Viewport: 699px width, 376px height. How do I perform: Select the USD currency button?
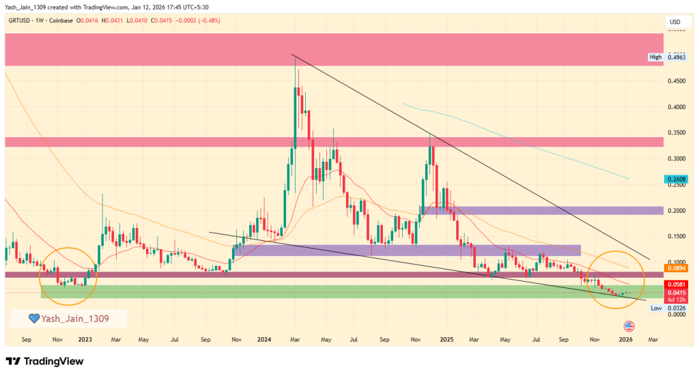coord(675,22)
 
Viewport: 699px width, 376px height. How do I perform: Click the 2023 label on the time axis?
coord(85,338)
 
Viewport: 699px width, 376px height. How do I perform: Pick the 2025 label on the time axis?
coord(446,338)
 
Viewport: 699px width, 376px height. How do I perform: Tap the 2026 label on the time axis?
coord(625,338)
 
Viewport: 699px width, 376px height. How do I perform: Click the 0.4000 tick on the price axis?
coord(675,107)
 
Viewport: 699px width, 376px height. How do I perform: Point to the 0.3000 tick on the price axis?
coord(675,159)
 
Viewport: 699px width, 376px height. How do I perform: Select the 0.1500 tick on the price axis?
coord(675,236)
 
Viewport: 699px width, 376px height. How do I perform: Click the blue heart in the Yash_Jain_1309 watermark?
coord(33,318)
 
